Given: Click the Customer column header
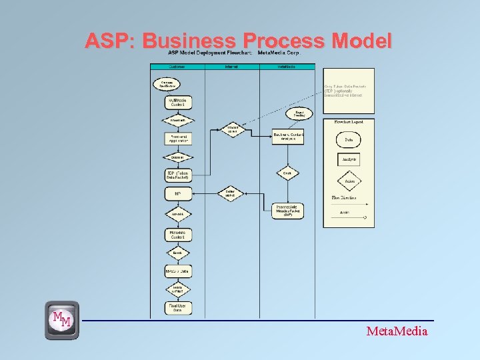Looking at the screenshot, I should tap(177, 67).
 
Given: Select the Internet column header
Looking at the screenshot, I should tap(231, 67).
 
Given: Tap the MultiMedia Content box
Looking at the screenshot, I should tap(178, 103).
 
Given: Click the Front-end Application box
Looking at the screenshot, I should tap(178, 139).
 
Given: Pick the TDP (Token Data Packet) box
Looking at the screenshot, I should tap(178, 175).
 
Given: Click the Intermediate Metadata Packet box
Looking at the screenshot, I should tap(288, 210).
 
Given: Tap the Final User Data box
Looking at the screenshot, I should tap(178, 307).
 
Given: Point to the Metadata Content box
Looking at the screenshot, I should tap(178, 235).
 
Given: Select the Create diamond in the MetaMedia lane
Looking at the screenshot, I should tap(287, 173).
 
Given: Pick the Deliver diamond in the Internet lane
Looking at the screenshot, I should tap(231, 193).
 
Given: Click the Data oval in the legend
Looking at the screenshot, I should tap(349, 139).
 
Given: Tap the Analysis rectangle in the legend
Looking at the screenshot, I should tap(349, 160).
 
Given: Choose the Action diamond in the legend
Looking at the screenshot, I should tap(349, 181).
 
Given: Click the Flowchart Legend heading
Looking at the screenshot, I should tap(349, 122).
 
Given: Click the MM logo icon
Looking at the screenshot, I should tap(62, 320).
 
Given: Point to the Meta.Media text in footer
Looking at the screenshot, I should tap(397, 331).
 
